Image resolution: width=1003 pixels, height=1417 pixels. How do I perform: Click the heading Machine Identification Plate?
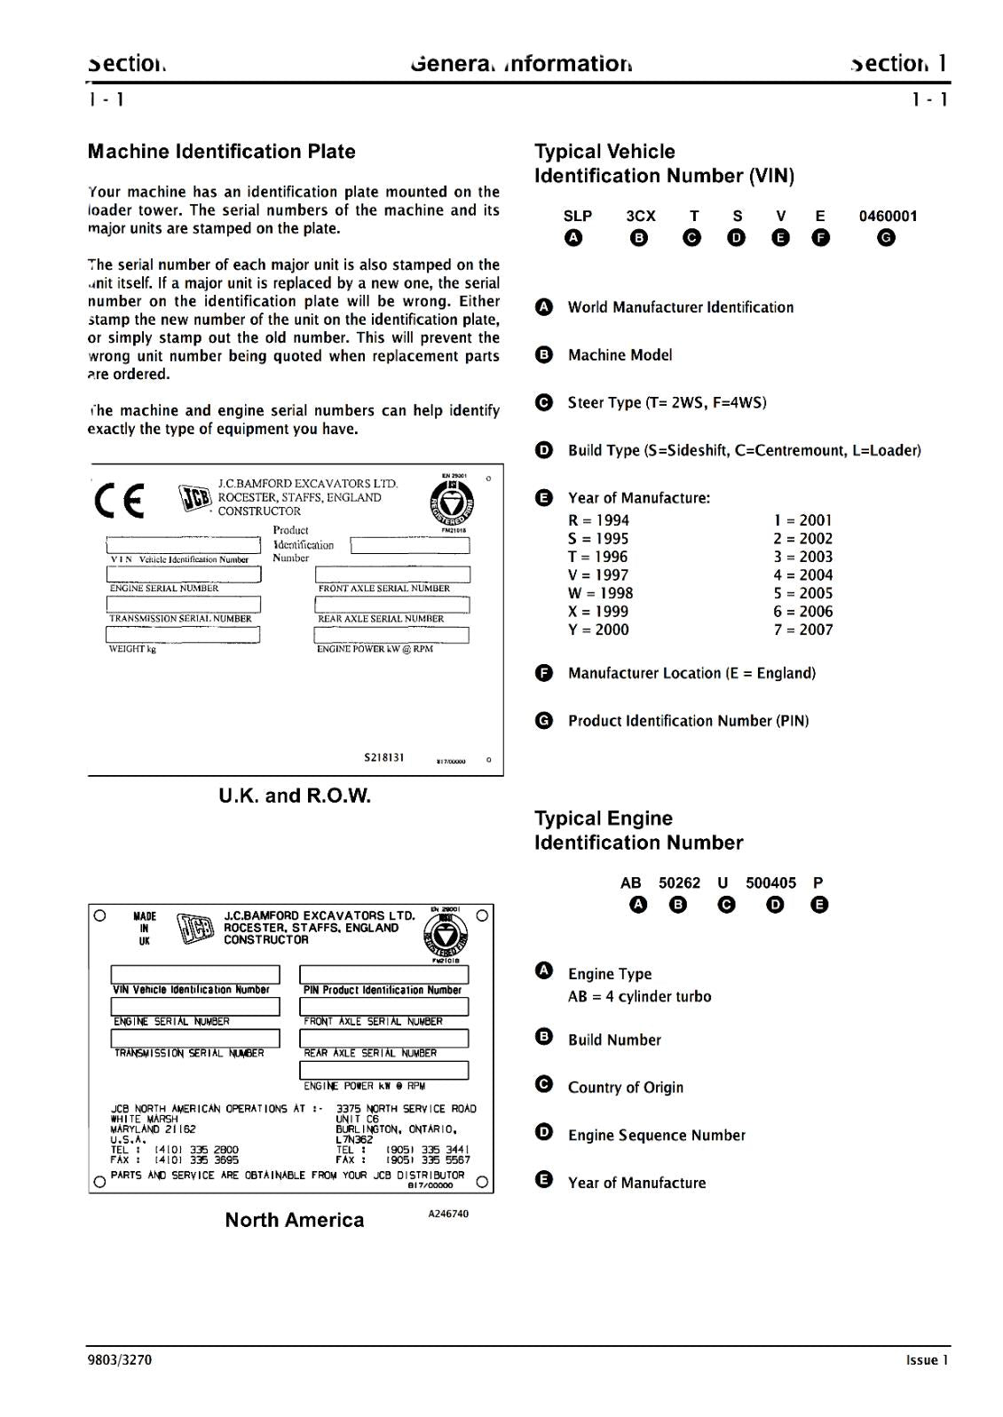221,152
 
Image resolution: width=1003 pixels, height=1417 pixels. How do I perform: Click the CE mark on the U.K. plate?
119,502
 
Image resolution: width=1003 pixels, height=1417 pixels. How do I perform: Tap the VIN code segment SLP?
577,216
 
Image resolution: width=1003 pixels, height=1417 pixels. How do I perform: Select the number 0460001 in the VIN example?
887,216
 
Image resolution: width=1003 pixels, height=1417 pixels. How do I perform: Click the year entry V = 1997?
599,575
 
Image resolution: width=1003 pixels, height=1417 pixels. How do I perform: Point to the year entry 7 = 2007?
802,629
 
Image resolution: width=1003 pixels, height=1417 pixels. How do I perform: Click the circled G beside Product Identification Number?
544,720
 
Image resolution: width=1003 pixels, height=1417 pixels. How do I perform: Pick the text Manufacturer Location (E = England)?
691,673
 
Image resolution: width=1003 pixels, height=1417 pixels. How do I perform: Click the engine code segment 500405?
770,883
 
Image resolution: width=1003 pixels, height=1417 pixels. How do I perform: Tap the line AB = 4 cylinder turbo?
639,996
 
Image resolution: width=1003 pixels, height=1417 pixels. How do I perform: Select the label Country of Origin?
625,1088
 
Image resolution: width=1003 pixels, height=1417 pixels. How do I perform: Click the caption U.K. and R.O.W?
295,796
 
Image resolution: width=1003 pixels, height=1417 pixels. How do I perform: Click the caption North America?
295,1220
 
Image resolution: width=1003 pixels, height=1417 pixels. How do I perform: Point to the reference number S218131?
383,757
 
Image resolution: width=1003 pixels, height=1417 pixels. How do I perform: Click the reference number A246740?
448,1214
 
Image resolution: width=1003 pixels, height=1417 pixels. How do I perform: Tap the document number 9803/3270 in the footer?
119,1359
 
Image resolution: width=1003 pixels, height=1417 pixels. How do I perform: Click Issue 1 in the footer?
927,1359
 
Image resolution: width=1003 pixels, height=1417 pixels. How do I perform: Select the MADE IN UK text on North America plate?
144,928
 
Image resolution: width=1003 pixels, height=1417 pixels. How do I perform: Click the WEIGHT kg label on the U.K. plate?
132,649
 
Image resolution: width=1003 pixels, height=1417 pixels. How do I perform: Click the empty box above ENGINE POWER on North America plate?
383,1070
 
